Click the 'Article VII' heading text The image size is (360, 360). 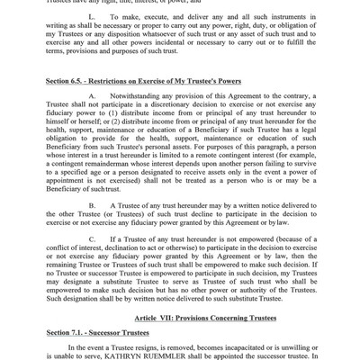pos(169,319)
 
